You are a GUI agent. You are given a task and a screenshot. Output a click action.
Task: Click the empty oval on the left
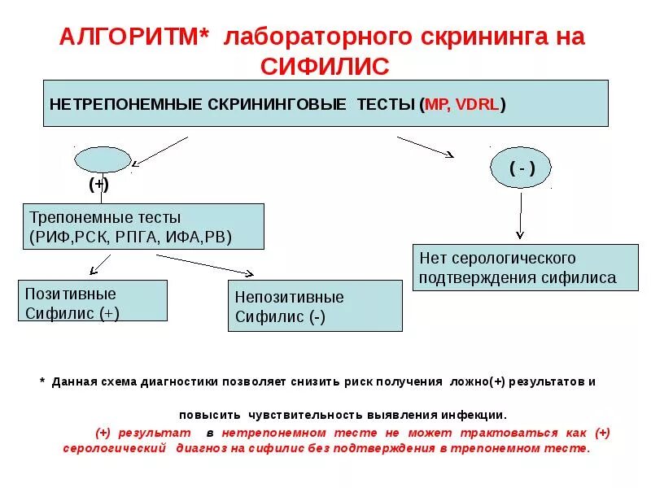pyautogui.click(x=99, y=159)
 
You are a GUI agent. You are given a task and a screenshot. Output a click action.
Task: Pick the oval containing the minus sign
pyautogui.click(x=522, y=168)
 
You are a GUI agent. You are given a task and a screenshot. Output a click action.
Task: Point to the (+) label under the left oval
pyautogui.click(x=99, y=185)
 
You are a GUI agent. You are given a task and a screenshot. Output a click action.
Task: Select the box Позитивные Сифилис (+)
pyautogui.click(x=93, y=301)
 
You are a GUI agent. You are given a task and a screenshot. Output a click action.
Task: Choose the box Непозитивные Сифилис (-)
pyautogui.click(x=315, y=306)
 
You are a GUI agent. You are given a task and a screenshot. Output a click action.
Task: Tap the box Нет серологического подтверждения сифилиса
pyautogui.click(x=525, y=267)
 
